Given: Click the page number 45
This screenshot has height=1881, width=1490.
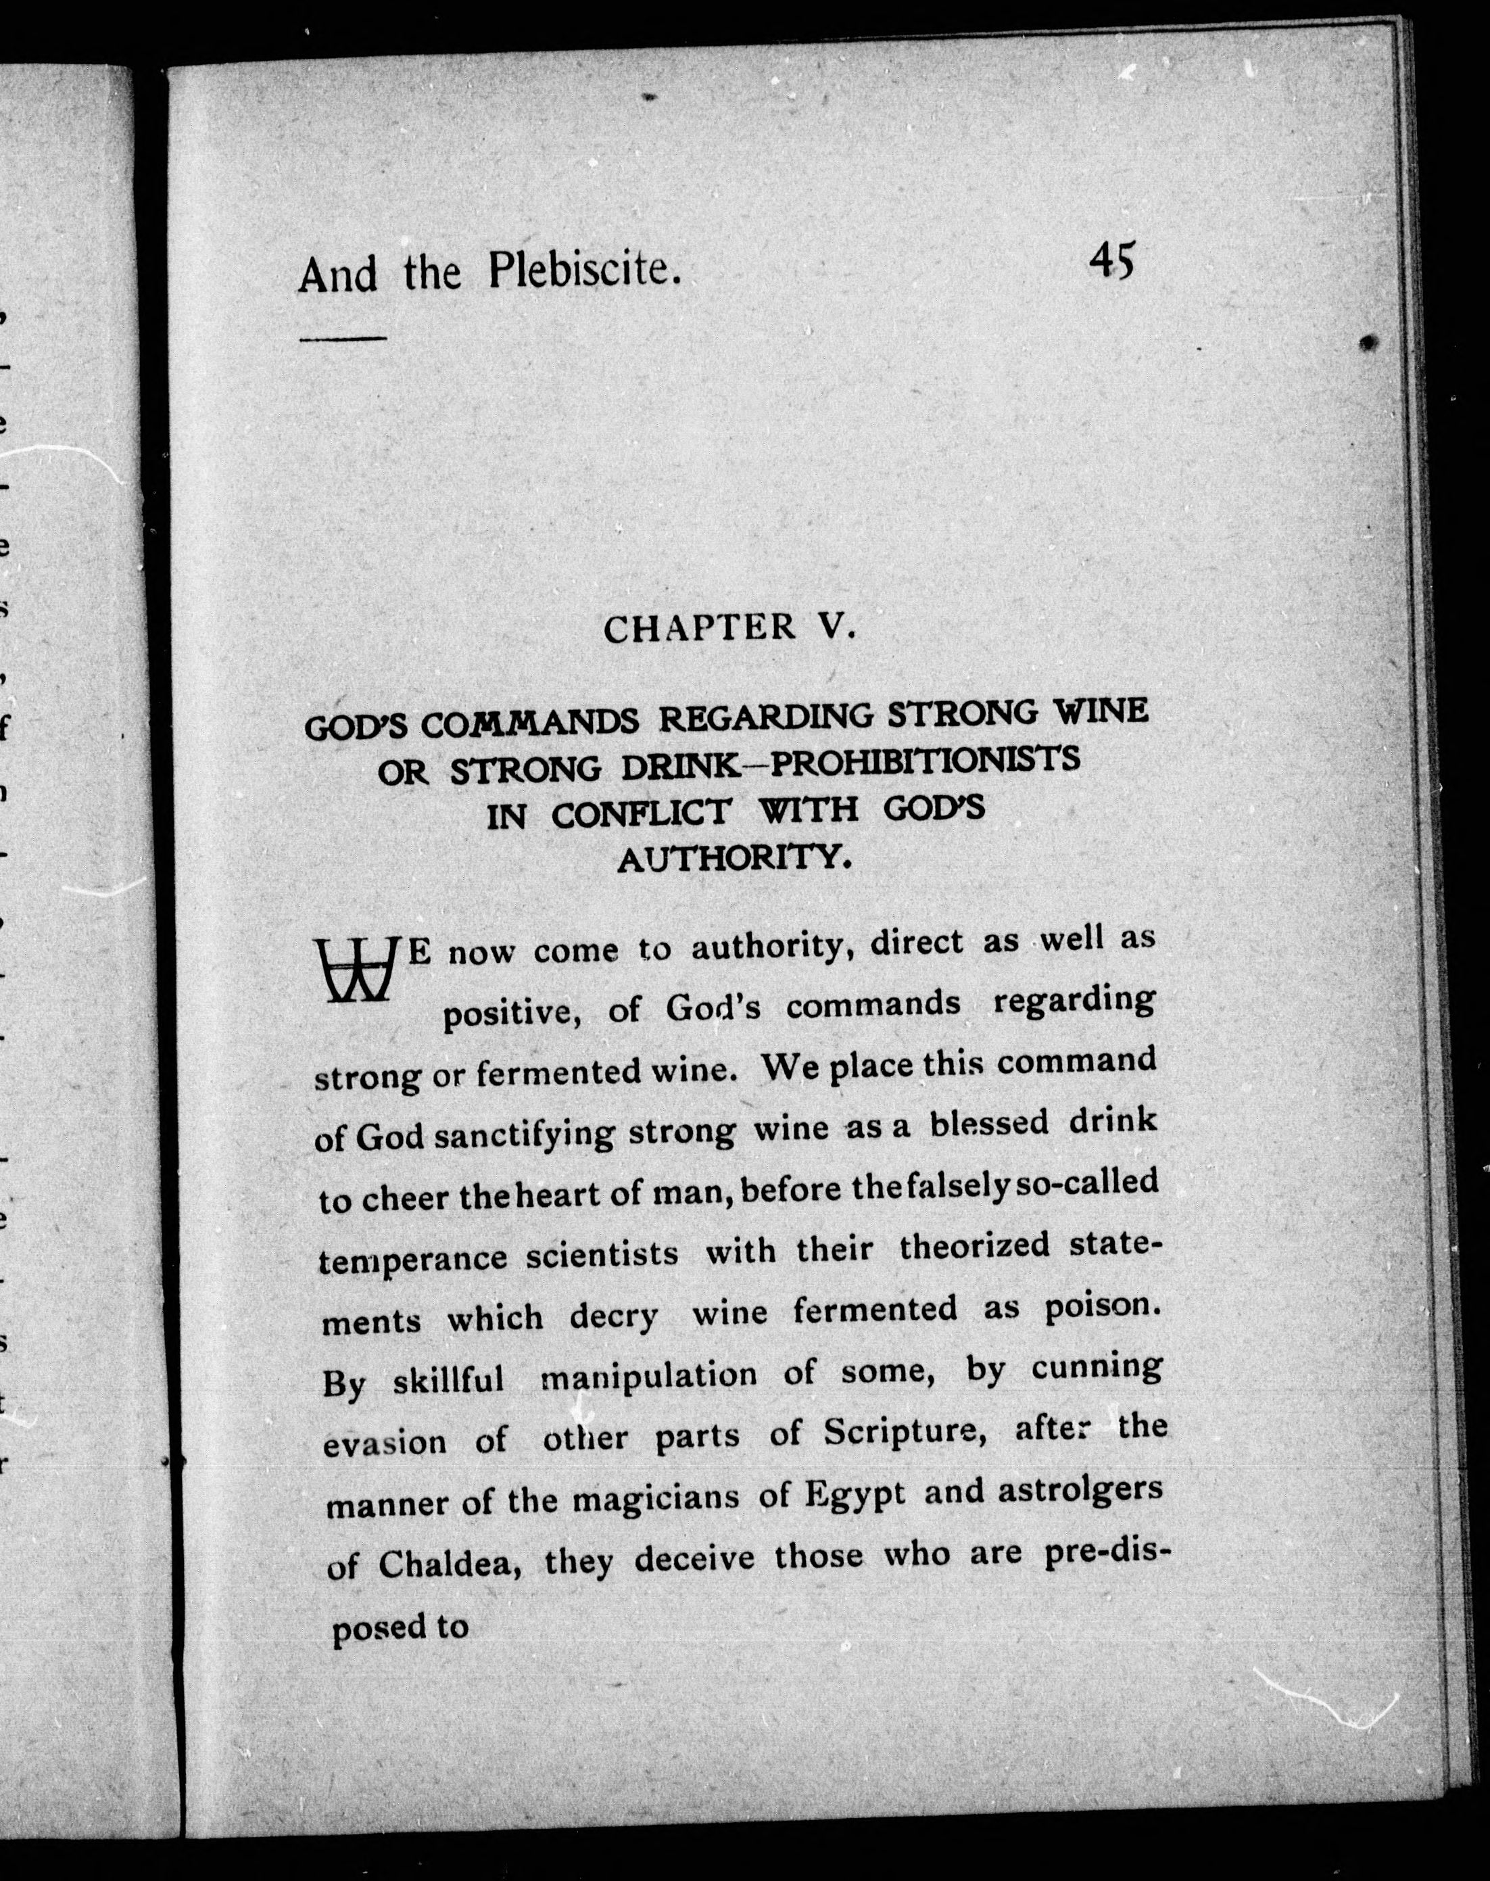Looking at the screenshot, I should pos(1111,261).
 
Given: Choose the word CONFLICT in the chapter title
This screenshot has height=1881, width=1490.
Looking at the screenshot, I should pos(641,813).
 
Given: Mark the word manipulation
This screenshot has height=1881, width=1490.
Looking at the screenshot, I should pos(649,1376).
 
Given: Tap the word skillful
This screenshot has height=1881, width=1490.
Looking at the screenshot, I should pos(448,1381).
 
